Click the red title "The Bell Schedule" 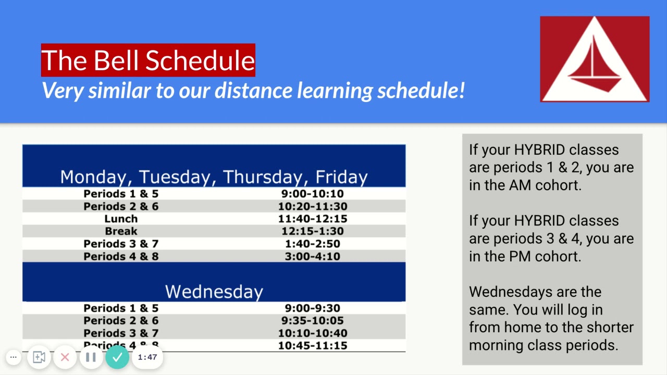[148, 60]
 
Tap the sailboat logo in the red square [595, 59]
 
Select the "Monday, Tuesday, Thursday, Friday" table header [214, 177]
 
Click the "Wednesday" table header [214, 291]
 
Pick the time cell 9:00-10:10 [313, 194]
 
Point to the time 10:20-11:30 [313, 206]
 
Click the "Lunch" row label [121, 219]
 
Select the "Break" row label [121, 231]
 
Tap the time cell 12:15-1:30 [313, 231]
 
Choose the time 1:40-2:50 [313, 244]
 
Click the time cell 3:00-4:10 [313, 256]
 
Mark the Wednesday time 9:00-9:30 [313, 308]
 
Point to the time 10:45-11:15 [313, 346]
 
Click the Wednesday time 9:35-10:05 [313, 321]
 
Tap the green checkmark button [117, 357]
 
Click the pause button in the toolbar [91, 357]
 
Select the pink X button [65, 357]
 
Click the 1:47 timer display [147, 357]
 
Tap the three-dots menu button [14, 357]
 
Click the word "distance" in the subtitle [254, 91]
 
